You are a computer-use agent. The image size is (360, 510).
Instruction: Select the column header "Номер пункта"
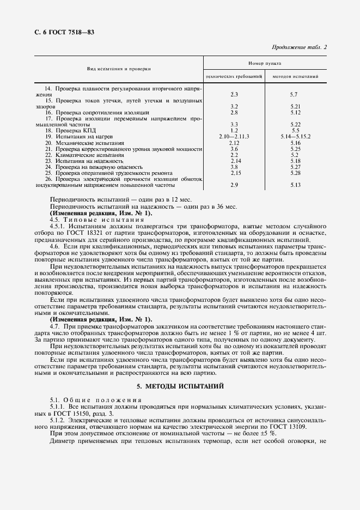(x=265, y=63)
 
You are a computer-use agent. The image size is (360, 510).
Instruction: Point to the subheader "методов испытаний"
(x=296, y=77)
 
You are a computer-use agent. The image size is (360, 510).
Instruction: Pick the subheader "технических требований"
(x=234, y=77)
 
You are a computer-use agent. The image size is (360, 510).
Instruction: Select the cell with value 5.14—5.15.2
(x=296, y=136)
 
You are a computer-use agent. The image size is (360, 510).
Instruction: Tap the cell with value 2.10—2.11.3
(x=234, y=136)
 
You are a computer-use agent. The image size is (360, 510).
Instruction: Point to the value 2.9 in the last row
(x=234, y=185)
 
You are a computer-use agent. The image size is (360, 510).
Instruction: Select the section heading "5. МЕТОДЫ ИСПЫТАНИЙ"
(x=180, y=386)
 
